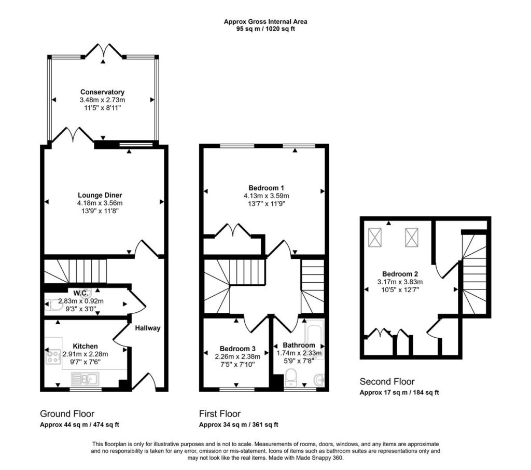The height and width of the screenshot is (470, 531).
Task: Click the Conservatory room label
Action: coord(102,92)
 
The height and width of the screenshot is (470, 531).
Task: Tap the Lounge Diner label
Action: coord(100,195)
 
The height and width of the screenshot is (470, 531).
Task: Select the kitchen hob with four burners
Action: coord(52,356)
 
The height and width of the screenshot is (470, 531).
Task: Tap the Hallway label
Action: coord(148,328)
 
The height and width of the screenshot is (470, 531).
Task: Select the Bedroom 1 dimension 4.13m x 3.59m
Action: coord(266,196)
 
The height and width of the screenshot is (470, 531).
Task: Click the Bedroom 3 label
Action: coord(237,349)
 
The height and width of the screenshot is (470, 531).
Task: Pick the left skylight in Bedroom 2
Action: coord(375,237)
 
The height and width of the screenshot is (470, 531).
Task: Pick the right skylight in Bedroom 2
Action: coord(411,237)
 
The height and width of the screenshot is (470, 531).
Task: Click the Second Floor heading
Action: coord(387,382)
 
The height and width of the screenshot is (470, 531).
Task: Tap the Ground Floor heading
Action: coord(67,414)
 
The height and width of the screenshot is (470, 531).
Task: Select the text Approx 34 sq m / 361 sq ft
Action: coord(239,424)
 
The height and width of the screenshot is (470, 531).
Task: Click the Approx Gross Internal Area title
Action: coord(265,22)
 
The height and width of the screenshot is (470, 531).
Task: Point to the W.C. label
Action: coord(81,293)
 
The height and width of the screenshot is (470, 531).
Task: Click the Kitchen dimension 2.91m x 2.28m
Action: coord(86,354)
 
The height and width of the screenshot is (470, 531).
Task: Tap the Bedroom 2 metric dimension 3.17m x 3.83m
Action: coord(400,282)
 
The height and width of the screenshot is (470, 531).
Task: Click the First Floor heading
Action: coord(220,414)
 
